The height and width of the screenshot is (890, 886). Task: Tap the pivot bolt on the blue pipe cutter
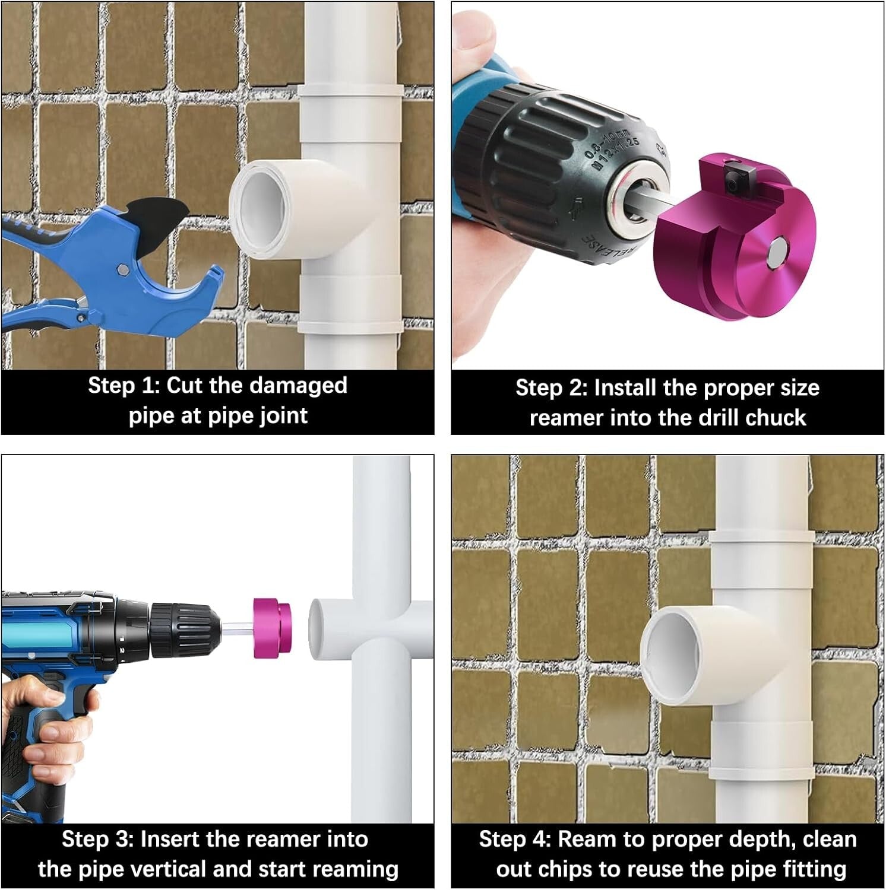click(122, 270)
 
